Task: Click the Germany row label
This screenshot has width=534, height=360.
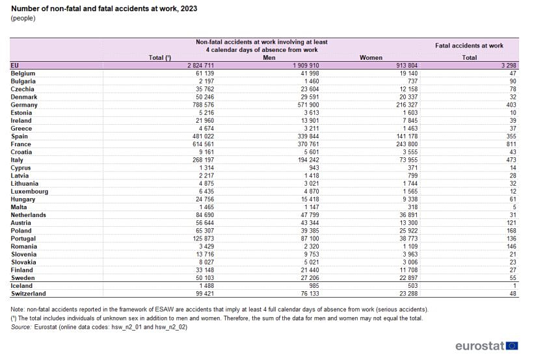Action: (24, 105)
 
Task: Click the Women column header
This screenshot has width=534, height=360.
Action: (371, 58)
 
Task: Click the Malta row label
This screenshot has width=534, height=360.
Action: (20, 207)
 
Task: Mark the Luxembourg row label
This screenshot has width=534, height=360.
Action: (29, 191)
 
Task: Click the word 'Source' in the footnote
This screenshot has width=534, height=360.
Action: (21, 327)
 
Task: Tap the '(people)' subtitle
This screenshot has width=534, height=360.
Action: (23, 18)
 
